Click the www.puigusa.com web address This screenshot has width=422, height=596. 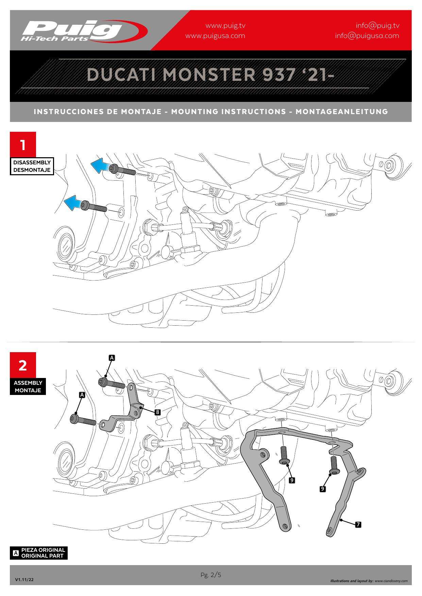[x=215, y=36]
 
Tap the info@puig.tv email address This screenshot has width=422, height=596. [x=377, y=25]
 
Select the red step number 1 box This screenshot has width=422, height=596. [x=23, y=145]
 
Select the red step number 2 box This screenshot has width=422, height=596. [x=23, y=365]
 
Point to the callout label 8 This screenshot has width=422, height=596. [x=157, y=412]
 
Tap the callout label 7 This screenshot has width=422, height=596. [x=358, y=525]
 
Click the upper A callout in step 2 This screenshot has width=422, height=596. [x=112, y=358]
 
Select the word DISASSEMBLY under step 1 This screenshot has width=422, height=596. [x=32, y=162]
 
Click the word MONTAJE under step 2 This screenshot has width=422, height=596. [x=28, y=390]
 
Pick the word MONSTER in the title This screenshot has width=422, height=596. [x=209, y=74]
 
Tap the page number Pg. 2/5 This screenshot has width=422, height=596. [x=211, y=575]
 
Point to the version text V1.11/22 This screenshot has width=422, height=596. [x=24, y=580]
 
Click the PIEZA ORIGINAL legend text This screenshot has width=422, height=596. [x=43, y=549]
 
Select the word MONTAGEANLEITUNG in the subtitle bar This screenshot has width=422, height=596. [x=341, y=111]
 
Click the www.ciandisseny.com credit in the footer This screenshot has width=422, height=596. [x=391, y=581]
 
